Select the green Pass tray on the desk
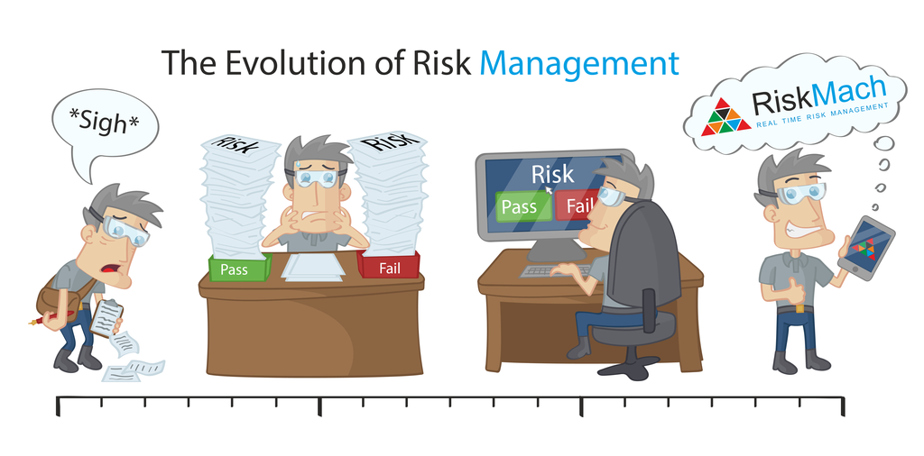click(239, 268)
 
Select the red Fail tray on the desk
click(389, 265)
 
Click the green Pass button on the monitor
click(519, 206)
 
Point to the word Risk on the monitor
click(552, 173)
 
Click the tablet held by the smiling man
click(866, 248)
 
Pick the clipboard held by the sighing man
click(107, 317)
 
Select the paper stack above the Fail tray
click(391, 194)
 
